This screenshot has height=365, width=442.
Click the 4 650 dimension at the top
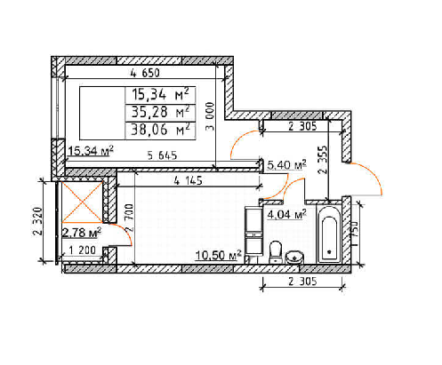click(145, 73)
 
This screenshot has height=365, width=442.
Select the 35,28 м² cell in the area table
click(160, 113)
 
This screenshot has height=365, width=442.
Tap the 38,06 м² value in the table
click(160, 130)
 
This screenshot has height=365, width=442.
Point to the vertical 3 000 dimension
click(210, 116)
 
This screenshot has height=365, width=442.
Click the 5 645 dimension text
click(162, 155)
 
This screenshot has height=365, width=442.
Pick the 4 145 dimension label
click(188, 180)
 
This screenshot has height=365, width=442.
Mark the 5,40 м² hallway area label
click(286, 165)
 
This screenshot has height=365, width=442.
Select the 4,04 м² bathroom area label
click(286, 214)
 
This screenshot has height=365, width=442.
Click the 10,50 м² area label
click(218, 255)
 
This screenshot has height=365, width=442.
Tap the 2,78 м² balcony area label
click(82, 233)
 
